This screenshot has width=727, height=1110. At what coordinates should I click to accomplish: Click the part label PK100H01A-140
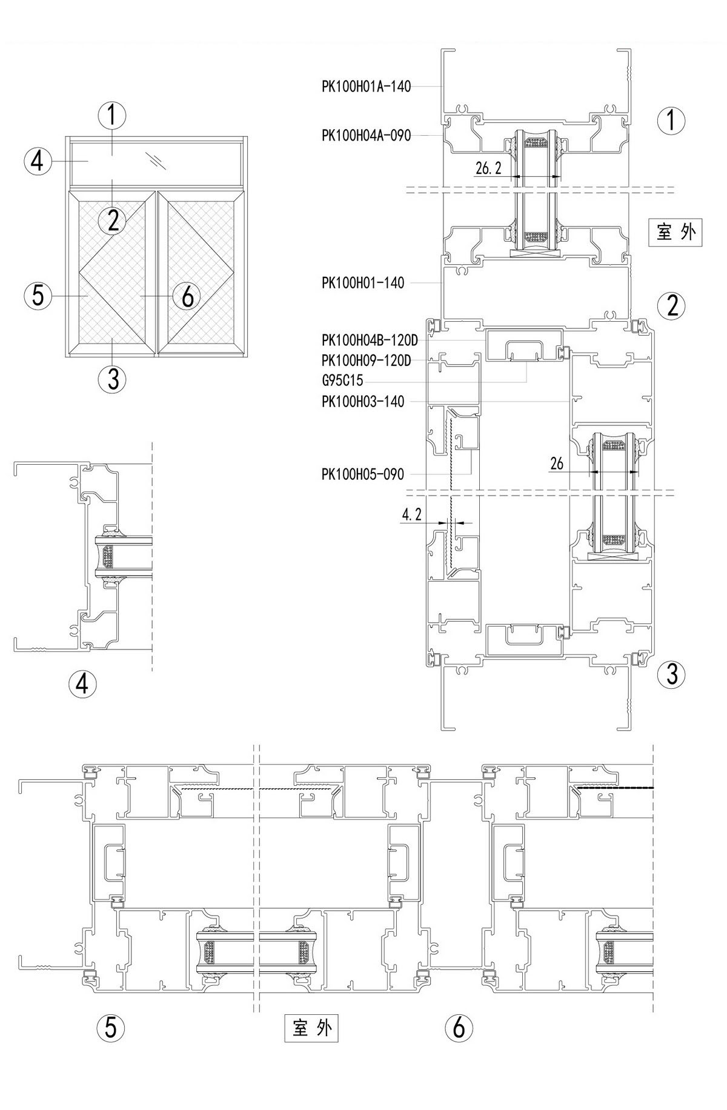click(x=366, y=87)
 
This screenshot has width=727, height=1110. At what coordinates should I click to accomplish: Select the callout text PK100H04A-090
click(x=366, y=136)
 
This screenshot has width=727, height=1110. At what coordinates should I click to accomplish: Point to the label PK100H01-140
click(x=363, y=283)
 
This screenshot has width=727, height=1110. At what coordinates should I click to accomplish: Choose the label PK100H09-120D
click(x=366, y=361)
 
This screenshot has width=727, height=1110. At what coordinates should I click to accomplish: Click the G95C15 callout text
click(x=342, y=381)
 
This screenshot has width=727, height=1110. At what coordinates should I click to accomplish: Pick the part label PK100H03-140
click(x=363, y=402)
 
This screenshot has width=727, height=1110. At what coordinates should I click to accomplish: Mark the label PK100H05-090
click(x=362, y=474)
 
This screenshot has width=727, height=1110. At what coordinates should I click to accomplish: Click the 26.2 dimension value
click(x=489, y=169)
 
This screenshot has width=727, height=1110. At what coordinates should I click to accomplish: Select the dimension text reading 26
click(x=557, y=464)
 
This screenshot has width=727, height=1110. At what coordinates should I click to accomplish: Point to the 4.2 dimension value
click(x=411, y=515)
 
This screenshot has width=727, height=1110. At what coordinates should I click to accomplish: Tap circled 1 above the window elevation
click(x=112, y=115)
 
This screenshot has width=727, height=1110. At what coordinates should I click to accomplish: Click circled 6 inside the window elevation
click(x=187, y=296)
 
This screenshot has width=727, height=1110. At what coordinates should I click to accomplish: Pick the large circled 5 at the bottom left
click(x=111, y=1028)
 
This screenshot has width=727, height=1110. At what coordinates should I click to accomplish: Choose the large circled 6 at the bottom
click(x=459, y=1028)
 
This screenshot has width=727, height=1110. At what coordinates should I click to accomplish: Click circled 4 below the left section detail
click(x=82, y=684)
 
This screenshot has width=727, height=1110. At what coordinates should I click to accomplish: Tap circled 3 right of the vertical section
click(x=672, y=674)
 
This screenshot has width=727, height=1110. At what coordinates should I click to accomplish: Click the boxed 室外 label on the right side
click(x=676, y=231)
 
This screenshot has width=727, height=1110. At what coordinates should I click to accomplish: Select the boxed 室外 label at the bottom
click(x=311, y=1028)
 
